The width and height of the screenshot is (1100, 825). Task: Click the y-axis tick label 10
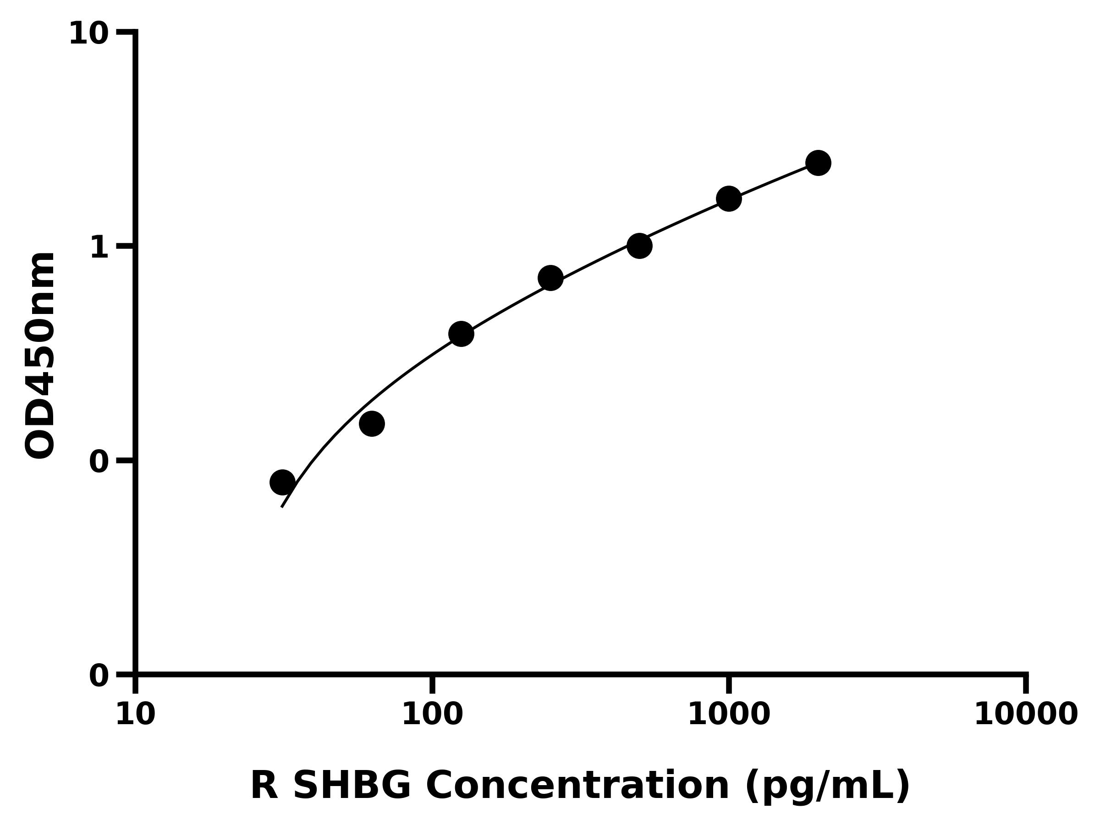point(88,34)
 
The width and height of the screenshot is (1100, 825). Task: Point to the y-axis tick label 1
point(99,247)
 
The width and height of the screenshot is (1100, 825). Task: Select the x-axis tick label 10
point(135,715)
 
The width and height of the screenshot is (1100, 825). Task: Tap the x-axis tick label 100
point(432,715)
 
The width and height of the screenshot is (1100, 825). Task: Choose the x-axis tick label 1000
point(729,715)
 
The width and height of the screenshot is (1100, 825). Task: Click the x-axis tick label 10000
point(1026,715)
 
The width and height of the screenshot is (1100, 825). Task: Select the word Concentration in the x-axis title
point(578,786)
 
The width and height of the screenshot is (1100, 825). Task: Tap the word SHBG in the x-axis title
point(352,786)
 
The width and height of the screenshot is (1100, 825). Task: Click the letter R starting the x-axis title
point(264,786)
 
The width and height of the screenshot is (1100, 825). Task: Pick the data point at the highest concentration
point(818,163)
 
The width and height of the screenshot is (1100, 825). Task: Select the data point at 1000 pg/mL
point(729,199)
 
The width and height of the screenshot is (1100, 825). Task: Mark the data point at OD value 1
point(639,246)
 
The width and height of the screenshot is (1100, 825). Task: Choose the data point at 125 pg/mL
point(461,334)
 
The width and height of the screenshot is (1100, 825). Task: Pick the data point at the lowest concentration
point(282,482)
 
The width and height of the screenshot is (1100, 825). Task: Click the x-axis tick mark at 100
point(432,685)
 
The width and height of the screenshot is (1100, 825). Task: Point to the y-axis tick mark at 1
point(125,246)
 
